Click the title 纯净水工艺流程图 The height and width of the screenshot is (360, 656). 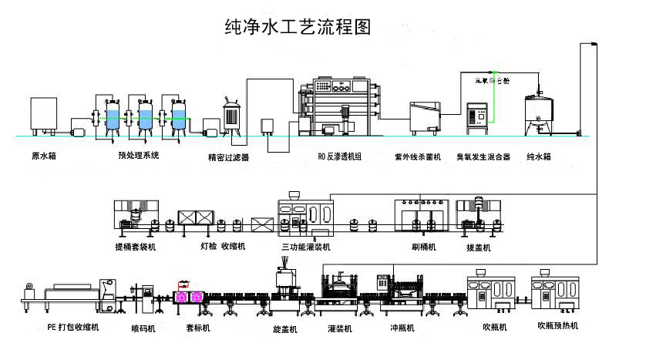297,28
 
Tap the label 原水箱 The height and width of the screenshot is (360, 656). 44,156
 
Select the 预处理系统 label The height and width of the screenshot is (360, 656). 139,156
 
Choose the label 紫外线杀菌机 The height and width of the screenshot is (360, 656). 417,157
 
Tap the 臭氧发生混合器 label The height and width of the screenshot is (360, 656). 483,157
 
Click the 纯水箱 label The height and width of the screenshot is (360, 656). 539,156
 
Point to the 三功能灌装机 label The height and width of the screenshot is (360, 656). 306,247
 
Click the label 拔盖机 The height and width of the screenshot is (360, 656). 478,248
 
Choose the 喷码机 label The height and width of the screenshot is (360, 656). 143,328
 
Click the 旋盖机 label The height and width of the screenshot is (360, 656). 285,329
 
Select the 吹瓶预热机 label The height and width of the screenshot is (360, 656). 558,326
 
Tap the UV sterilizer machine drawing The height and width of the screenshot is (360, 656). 426,116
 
